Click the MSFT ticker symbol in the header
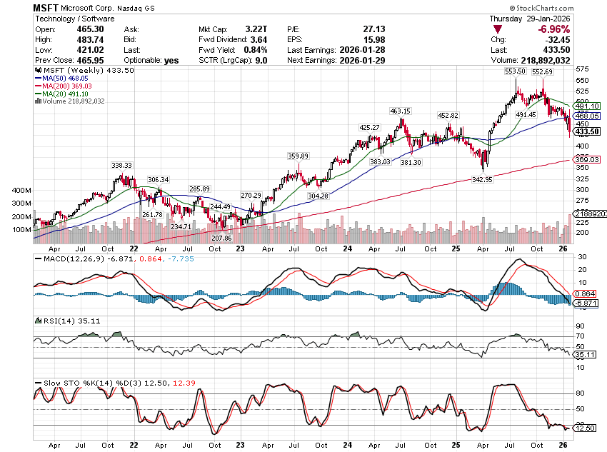click(46, 7)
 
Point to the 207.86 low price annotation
click(223, 237)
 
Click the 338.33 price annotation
click(122, 165)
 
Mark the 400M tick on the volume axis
click(21, 191)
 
